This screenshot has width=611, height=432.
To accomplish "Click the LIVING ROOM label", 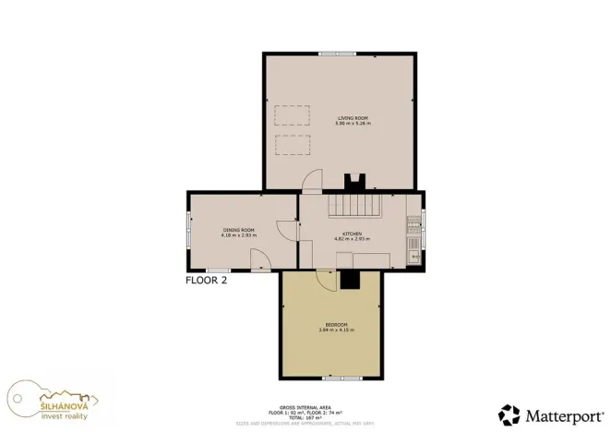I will [x=353, y=118].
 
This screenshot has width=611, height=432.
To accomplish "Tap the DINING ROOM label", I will [x=237, y=230].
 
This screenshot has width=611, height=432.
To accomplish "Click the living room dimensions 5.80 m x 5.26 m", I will [x=353, y=124].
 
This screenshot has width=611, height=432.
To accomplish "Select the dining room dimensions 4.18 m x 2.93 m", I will [x=237, y=235].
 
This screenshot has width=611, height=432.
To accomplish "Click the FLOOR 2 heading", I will [x=206, y=280].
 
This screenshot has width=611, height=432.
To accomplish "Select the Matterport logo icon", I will [x=509, y=414].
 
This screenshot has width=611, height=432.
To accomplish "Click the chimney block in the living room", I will [x=353, y=182].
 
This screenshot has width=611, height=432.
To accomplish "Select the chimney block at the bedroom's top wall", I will [x=349, y=279].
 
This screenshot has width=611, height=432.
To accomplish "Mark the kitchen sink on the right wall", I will [x=414, y=246].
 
